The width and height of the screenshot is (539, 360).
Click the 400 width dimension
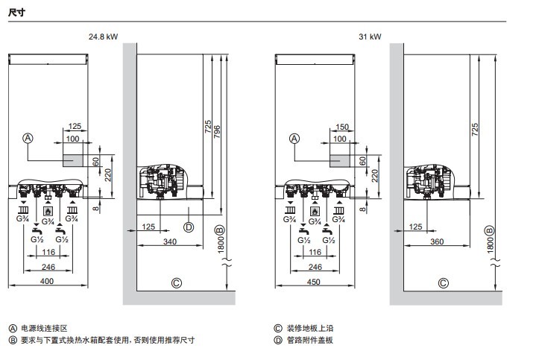[x=48, y=280]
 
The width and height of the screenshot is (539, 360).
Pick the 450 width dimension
[x=314, y=280]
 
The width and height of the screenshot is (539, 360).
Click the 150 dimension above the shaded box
[x=342, y=127]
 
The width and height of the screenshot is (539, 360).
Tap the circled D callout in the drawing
[x=189, y=227]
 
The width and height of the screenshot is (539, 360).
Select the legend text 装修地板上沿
[x=309, y=327]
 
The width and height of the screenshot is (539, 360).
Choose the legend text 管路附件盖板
[x=309, y=340]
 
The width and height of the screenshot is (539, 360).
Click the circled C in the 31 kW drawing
[x=443, y=282]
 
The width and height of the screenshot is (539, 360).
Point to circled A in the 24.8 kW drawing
[x=28, y=138]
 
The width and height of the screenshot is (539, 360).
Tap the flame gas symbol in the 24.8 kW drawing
[x=48, y=211]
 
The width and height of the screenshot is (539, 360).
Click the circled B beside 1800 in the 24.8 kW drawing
[x=219, y=230]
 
